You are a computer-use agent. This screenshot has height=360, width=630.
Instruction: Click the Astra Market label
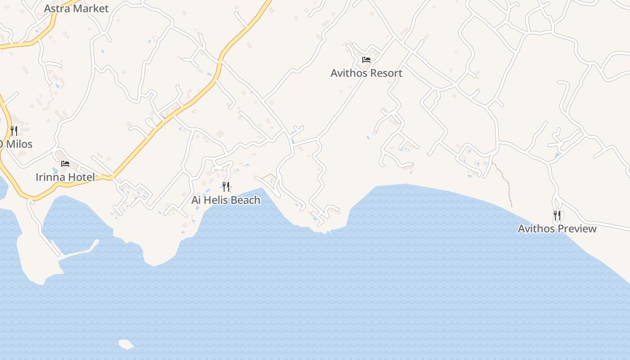pos(76,9)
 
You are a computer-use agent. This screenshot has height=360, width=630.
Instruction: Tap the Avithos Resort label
pos(366,73)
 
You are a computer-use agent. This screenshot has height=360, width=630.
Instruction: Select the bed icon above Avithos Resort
pos(366,59)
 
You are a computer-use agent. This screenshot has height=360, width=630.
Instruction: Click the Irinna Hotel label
pos(65,177)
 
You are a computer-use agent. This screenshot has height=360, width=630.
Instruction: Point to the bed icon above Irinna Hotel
pos(65,163)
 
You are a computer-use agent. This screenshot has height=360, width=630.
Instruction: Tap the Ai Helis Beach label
pos(226,200)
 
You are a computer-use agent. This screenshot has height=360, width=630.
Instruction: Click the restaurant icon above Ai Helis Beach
pos(226,186)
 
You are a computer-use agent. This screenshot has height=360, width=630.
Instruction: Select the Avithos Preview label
pos(557,229)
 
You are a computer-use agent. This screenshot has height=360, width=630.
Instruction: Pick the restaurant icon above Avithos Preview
pos(557,215)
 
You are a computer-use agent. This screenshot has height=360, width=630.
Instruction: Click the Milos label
pos(18,144)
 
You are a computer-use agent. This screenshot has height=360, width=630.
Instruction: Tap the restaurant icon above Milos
pos(14,130)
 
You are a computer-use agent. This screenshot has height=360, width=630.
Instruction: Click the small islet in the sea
pos(126,345)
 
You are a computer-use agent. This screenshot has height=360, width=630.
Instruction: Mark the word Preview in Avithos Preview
pos(577,229)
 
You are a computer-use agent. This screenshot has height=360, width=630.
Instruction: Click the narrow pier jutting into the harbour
pos(79,252)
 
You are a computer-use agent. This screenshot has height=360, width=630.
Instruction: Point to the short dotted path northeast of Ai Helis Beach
pos(269,175)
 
